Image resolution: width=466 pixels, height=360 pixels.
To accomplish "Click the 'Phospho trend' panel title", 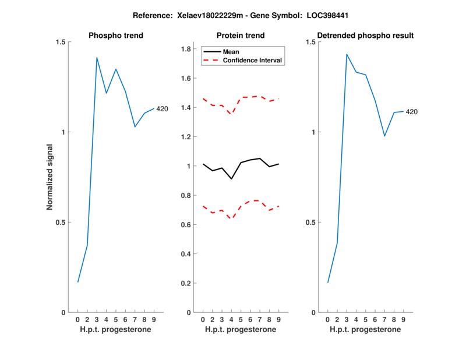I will click(115, 36).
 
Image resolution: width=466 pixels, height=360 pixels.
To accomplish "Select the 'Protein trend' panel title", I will click(240, 36).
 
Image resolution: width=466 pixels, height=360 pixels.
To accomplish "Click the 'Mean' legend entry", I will click(231, 52).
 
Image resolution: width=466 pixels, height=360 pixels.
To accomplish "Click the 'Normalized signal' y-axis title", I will click(50, 177).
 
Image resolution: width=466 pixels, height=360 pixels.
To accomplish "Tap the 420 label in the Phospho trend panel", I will click(162, 109).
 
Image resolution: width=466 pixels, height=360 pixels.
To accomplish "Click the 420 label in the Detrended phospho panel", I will click(412, 112).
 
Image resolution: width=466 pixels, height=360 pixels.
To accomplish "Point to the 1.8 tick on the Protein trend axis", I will click(186, 49).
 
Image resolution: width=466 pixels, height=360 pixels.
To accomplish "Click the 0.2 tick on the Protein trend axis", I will click(186, 283).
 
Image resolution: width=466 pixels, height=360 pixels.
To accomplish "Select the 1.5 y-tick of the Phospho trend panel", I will click(61, 42).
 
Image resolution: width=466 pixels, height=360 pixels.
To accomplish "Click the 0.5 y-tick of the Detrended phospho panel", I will click(312, 222).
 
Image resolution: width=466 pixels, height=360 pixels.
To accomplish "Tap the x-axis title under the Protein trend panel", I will click(240, 330).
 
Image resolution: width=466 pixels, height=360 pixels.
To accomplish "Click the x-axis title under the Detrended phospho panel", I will click(365, 330).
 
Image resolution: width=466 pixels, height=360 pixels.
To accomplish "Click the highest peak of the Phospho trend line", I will click(97, 57).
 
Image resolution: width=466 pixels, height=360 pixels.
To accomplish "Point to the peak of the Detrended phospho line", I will click(347, 54).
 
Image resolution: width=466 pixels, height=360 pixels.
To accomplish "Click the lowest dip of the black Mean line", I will click(231, 179).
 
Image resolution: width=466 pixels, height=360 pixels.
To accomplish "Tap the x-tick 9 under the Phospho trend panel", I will click(153, 320).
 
